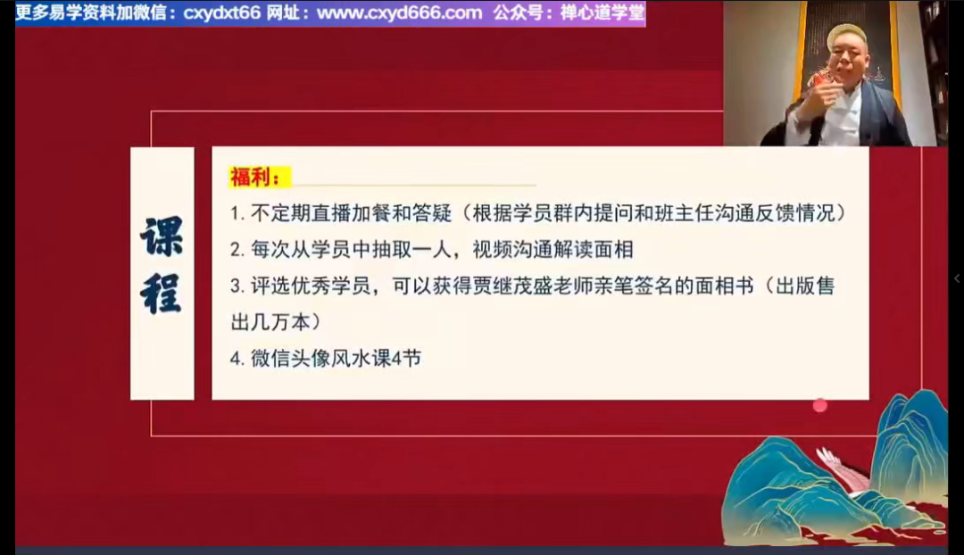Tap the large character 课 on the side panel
tap(162, 236)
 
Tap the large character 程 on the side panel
tap(162, 294)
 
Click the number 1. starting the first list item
tap(237, 214)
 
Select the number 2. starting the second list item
tap(237, 250)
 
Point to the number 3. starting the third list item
tap(237, 286)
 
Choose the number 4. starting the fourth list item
tap(237, 359)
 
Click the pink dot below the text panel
tap(819, 406)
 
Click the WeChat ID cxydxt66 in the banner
tap(222, 12)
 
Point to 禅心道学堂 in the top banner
tap(602, 12)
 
